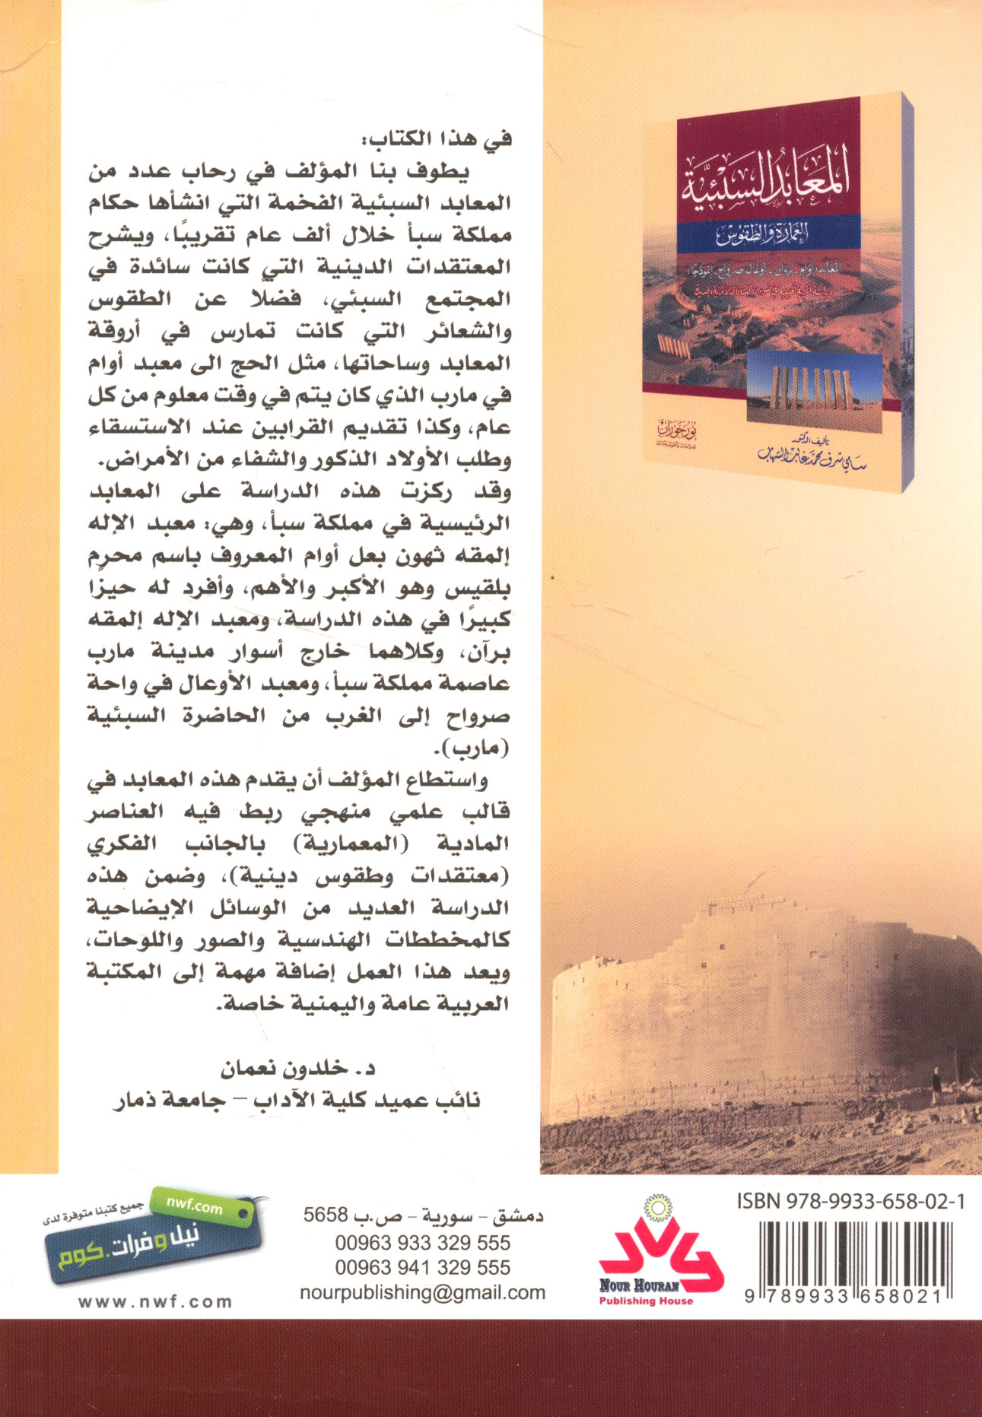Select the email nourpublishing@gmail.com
click(x=422, y=1292)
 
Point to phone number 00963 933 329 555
click(x=422, y=1243)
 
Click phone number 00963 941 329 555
click(x=422, y=1267)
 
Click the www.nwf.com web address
click(x=155, y=1301)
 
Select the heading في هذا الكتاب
click(x=436, y=139)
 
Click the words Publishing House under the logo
click(x=646, y=1301)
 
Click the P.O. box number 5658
click(x=326, y=1215)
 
